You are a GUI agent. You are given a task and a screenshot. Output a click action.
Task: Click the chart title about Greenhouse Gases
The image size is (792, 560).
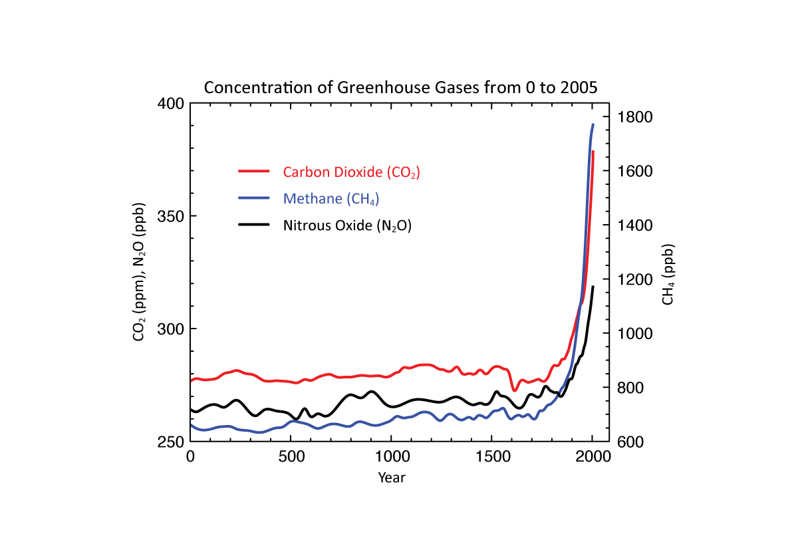(x=400, y=87)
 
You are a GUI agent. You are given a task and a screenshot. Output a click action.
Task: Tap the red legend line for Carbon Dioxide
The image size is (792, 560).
(x=254, y=171)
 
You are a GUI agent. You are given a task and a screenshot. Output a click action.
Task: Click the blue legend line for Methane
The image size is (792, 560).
(x=254, y=198)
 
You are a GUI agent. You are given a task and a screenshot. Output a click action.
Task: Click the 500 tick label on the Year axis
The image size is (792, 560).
(x=291, y=458)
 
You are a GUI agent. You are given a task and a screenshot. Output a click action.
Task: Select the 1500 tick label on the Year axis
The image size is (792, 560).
(x=491, y=458)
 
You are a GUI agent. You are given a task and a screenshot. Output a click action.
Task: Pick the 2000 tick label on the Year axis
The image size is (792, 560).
(x=593, y=458)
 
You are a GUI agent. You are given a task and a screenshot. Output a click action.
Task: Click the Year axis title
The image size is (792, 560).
(x=391, y=477)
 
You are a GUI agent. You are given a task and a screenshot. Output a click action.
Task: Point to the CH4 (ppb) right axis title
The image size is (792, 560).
(x=668, y=275)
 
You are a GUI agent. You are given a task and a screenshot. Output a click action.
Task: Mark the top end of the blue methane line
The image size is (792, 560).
(x=593, y=124)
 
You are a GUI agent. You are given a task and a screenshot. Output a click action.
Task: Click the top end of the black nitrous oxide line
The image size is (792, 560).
(x=593, y=286)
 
